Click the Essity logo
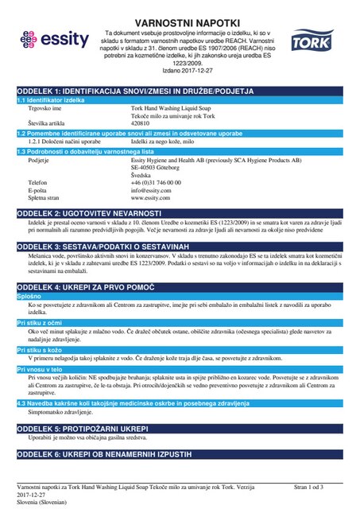[49, 38]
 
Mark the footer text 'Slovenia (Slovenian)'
[42, 503]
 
